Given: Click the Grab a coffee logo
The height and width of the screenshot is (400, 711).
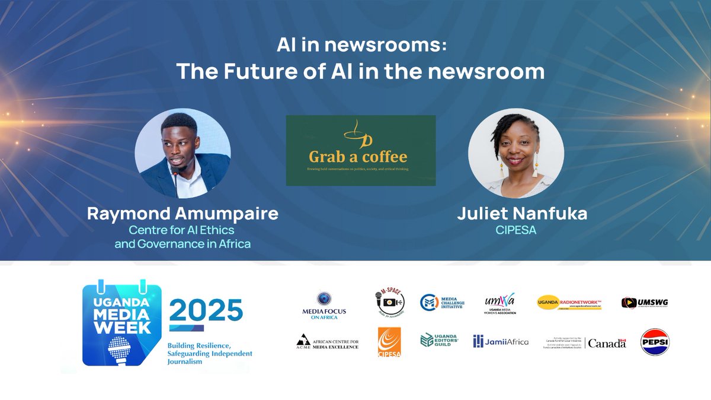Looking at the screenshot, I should pos(360,150).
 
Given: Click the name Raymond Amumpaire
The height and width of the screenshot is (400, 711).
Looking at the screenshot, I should pos(182,214).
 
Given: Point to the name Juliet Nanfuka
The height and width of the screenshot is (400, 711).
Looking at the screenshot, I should pos(522,214).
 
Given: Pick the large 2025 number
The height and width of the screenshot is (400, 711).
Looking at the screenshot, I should pos(206,310).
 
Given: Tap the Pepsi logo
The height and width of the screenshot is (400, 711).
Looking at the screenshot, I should pos(655,341).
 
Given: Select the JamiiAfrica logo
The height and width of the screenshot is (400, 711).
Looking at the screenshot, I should pos(501,341).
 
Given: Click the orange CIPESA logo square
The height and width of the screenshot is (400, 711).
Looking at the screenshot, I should pos(389,342).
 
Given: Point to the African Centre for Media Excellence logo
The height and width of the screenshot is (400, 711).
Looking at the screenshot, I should pos(328,342).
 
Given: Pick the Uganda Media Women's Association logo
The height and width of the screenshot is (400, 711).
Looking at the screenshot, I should pos(499,303).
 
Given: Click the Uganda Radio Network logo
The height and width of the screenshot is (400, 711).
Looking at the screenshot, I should pos(569,303).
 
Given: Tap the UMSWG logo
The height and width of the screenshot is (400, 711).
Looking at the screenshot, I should pos(645,303).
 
